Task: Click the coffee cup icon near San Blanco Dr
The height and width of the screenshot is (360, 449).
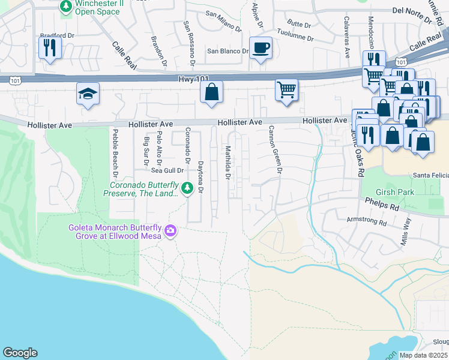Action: [x=261, y=47]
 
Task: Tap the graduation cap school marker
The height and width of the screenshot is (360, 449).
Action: [x=88, y=94]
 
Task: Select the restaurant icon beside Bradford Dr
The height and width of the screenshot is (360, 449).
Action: [x=50, y=47]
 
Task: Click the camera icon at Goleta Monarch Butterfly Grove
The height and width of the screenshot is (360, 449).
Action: [x=170, y=230]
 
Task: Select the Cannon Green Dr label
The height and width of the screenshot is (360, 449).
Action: [x=275, y=150]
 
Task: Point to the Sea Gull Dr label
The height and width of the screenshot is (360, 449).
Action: [x=158, y=170]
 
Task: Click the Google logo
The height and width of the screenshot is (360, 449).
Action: [x=20, y=353]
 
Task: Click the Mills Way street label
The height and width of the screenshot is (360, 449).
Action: [x=406, y=230]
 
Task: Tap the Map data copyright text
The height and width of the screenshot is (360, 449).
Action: [x=424, y=355]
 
